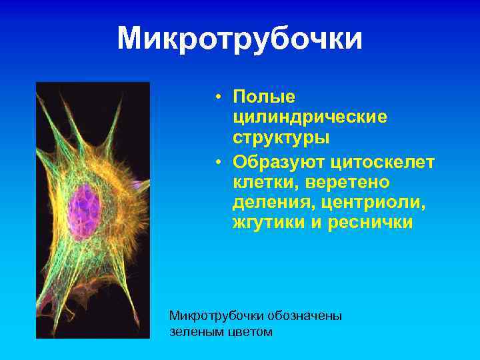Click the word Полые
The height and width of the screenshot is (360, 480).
[x=263, y=97]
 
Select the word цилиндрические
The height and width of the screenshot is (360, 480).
[x=309, y=117]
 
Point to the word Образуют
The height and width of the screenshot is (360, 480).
[x=277, y=162]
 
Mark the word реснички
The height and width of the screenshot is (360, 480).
[x=370, y=223]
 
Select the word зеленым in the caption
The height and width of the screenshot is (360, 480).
[x=195, y=331]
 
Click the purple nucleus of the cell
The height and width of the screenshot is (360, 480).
[x=86, y=203]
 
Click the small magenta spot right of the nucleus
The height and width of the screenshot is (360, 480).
[x=138, y=185]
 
